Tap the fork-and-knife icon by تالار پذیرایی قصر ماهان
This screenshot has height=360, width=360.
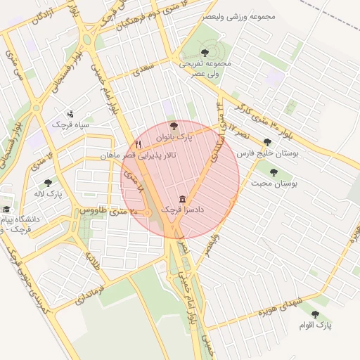(x=138, y=144)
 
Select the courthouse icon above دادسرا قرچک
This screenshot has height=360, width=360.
(x=183, y=199)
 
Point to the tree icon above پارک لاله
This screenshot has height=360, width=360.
(x=48, y=183)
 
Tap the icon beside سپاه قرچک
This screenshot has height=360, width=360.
(x=70, y=114)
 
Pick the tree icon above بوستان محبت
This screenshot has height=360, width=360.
(x=274, y=172)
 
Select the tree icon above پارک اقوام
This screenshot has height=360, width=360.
(x=314, y=314)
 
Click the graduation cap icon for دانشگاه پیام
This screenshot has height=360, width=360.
(x=6, y=210)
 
